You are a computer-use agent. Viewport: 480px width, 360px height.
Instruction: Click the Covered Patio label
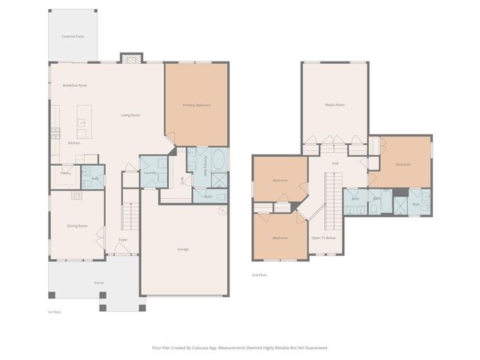73,36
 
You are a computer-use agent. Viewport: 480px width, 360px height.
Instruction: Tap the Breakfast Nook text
75,85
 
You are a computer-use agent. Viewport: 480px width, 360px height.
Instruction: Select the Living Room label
131,115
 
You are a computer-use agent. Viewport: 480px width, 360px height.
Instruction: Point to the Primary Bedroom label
196,105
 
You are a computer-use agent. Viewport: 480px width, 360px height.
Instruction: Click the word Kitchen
74,142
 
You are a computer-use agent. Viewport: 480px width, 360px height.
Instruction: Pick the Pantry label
65,173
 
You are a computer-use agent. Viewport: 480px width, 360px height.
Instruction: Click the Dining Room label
77,226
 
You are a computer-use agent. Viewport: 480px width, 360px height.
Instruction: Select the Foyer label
123,240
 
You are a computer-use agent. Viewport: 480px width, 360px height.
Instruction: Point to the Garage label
183,249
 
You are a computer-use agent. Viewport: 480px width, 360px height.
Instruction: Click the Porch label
99,283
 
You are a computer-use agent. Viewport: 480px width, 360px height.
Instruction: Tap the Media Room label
334,105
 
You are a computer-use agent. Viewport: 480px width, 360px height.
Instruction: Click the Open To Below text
324,238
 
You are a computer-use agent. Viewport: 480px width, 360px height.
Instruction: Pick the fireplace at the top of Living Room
131,58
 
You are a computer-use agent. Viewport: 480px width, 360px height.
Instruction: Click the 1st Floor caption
54,311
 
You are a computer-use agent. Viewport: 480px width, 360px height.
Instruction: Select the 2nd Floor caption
259,275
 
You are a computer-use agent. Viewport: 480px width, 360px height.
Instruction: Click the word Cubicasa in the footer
206,347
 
